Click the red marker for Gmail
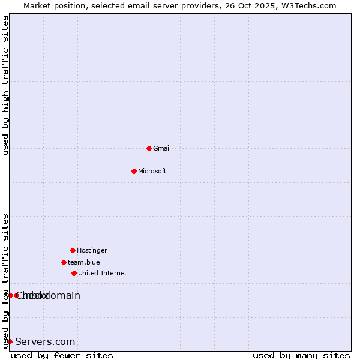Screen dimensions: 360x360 pyautogui.click(x=149, y=148)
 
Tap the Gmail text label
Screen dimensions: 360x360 pyautogui.click(x=162, y=149)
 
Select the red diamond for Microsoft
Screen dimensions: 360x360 pyautogui.click(x=134, y=171)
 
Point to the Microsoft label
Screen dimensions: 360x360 pyautogui.click(x=152, y=172)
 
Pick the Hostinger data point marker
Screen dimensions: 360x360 pyautogui.click(x=73, y=250)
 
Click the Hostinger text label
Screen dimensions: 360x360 pyautogui.click(x=92, y=251)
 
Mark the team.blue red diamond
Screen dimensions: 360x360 pyautogui.click(x=64, y=262)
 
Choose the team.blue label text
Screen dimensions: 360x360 pyautogui.click(x=84, y=263)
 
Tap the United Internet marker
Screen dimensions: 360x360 pyautogui.click(x=74, y=273)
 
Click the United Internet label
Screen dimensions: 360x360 pyautogui.click(x=103, y=274)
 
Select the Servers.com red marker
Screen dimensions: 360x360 pyautogui.click(x=10, y=341)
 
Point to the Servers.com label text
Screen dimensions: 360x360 pyautogui.click(x=45, y=342)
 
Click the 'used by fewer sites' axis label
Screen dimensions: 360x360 pyautogui.click(x=62, y=355)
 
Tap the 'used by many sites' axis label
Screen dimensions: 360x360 pyautogui.click(x=301, y=355)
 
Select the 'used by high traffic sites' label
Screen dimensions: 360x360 pyautogui.click(x=5, y=85)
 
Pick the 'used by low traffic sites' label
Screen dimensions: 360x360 pyautogui.click(x=5, y=281)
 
